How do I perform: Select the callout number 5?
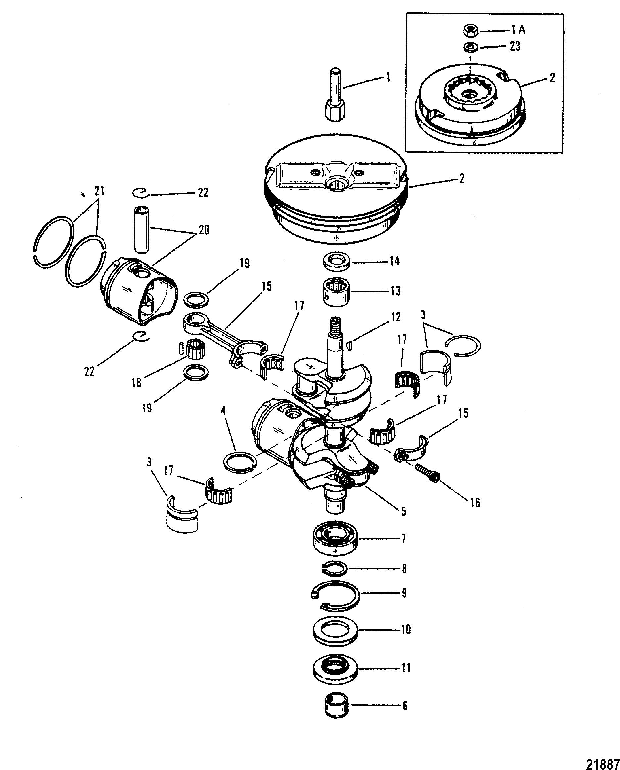[x=404, y=511]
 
